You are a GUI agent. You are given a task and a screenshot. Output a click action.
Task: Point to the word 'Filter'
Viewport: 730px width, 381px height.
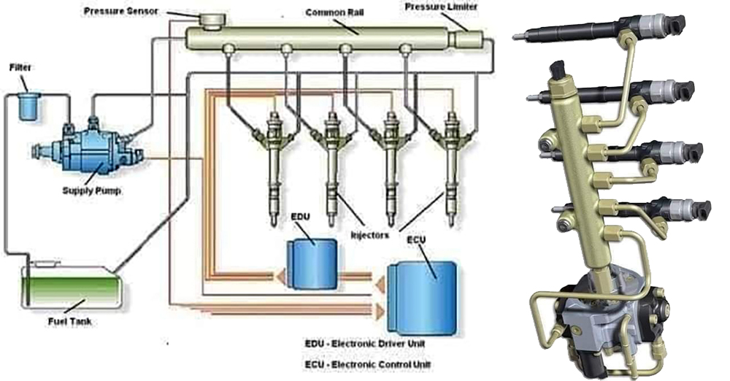20,67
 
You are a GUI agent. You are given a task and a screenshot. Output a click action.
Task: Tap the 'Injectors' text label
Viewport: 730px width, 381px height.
371,236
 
